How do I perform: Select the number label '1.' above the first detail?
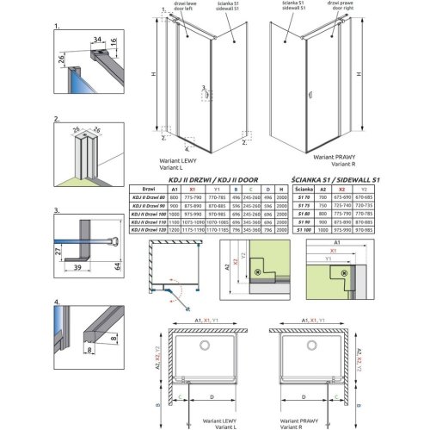56,28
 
